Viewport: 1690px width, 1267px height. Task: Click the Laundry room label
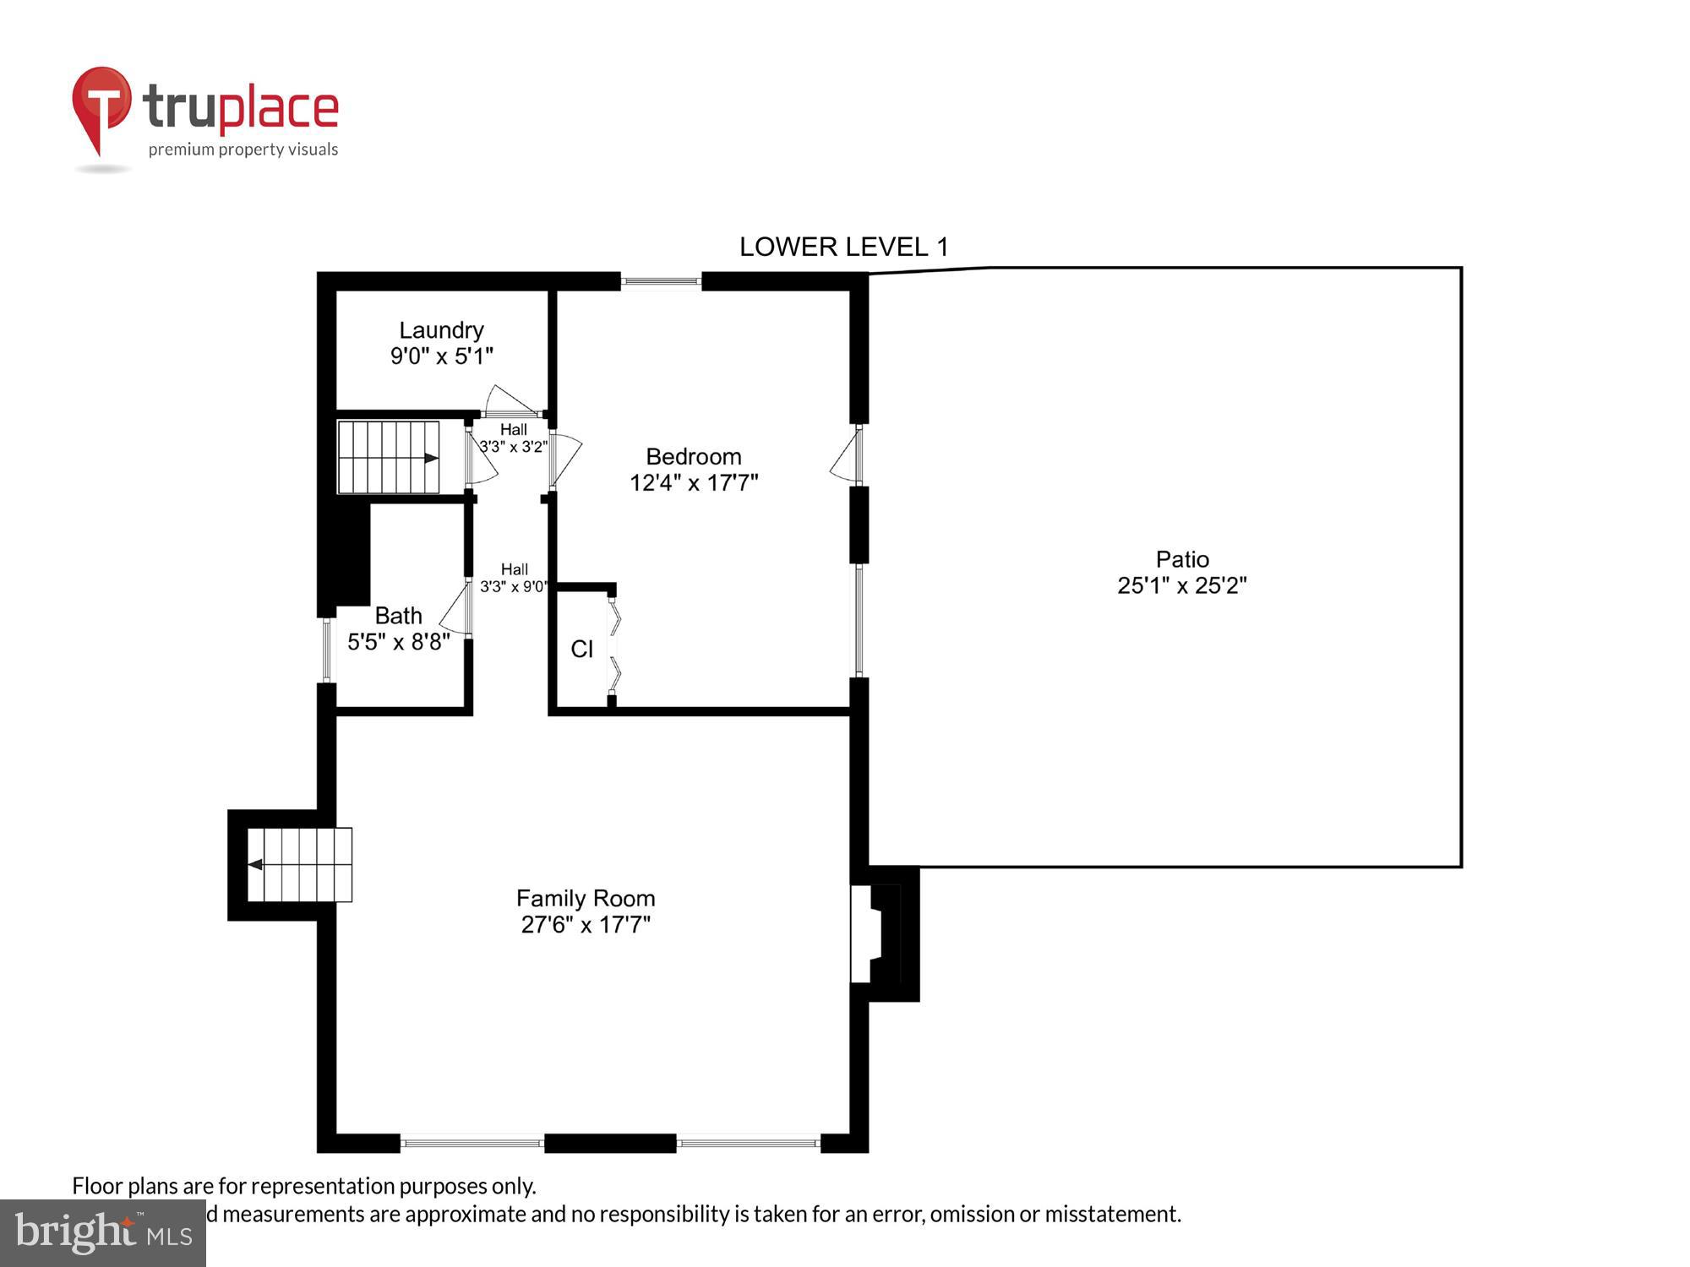(x=441, y=330)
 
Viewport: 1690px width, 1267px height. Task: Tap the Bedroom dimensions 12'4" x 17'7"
(x=694, y=483)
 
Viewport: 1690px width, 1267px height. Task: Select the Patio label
(x=1182, y=559)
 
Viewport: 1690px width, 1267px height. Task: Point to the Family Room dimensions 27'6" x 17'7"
(x=586, y=925)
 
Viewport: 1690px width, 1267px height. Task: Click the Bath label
(x=398, y=616)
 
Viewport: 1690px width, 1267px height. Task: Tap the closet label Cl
(x=581, y=649)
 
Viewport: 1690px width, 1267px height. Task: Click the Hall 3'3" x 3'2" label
(x=513, y=438)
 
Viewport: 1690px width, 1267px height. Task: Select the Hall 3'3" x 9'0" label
(x=514, y=578)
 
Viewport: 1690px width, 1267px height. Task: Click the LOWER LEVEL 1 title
(x=843, y=247)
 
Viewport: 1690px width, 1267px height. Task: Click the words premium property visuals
(x=243, y=150)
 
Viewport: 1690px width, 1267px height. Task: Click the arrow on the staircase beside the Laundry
(x=431, y=458)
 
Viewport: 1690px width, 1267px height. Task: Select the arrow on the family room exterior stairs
(x=255, y=864)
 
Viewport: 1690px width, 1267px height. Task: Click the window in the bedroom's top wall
(x=661, y=281)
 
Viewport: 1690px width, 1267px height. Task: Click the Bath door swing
(x=455, y=608)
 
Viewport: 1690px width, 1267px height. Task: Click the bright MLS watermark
(x=103, y=1233)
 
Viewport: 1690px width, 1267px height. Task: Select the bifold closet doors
(x=614, y=649)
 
